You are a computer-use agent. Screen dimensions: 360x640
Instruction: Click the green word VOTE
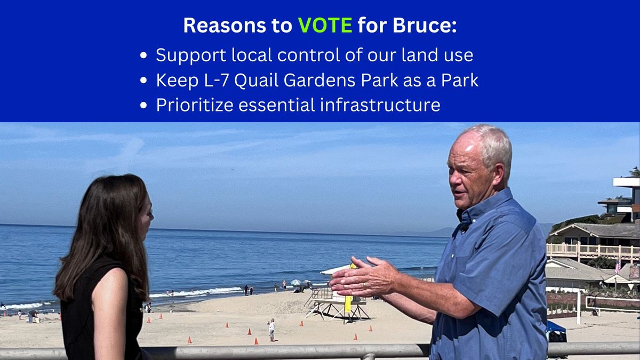point(325,26)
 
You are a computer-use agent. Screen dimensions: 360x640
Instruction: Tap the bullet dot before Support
point(142,56)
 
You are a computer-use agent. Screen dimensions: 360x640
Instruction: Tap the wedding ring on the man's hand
point(364,285)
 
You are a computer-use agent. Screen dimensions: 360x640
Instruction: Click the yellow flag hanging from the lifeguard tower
point(348,303)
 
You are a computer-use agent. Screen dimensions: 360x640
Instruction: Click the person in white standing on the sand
point(271,329)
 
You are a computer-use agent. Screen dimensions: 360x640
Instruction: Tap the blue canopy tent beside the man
point(555,331)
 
